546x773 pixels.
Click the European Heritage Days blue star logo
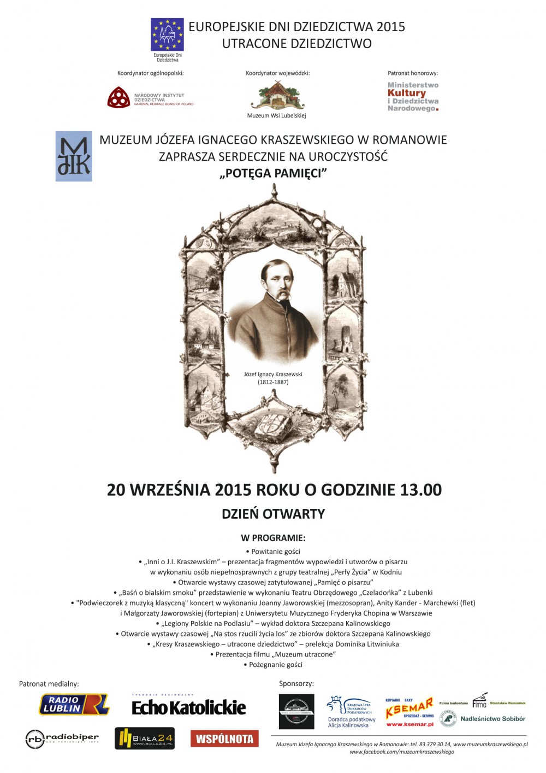point(167,34)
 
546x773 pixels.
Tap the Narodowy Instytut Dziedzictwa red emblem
point(118,98)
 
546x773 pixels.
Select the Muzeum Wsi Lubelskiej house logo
point(277,96)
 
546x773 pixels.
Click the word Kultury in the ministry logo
point(407,93)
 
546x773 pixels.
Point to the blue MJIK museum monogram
point(74,156)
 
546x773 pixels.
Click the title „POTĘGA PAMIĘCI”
point(273,173)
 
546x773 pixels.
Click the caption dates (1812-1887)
point(273,382)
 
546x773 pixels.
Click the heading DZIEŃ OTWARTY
point(273,514)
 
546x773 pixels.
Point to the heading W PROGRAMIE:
point(273,538)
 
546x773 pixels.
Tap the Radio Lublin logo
point(74,705)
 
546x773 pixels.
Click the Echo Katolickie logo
point(188,707)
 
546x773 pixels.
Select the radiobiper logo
point(62,739)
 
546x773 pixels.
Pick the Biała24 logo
point(145,738)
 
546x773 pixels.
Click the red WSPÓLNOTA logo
point(224,739)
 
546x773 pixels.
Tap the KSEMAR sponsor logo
point(410,711)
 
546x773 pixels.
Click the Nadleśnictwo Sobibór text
point(492,719)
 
